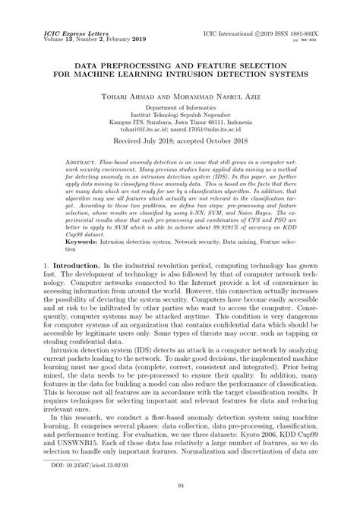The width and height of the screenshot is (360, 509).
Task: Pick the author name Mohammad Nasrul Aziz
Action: pyautogui.click(x=216, y=96)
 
